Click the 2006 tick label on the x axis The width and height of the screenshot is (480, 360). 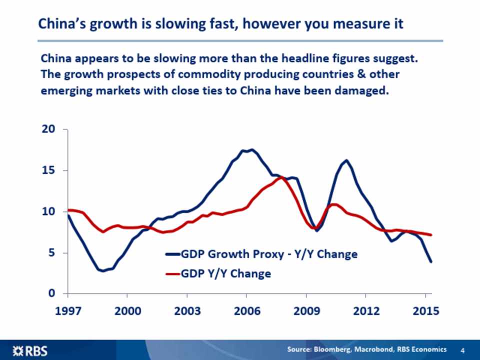point(247,311)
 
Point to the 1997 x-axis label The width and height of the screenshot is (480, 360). point(67,311)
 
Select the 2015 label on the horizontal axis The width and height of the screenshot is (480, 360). point(426,311)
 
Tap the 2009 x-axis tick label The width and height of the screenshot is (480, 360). point(306,311)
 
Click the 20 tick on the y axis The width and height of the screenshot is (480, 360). point(48,129)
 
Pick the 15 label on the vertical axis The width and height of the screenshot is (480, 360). point(48,170)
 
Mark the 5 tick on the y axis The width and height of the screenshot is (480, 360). point(51,253)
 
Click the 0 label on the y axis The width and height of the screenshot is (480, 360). point(51,293)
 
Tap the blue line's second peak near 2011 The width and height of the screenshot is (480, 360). point(346,160)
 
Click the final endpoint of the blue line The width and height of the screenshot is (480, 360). point(431,261)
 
